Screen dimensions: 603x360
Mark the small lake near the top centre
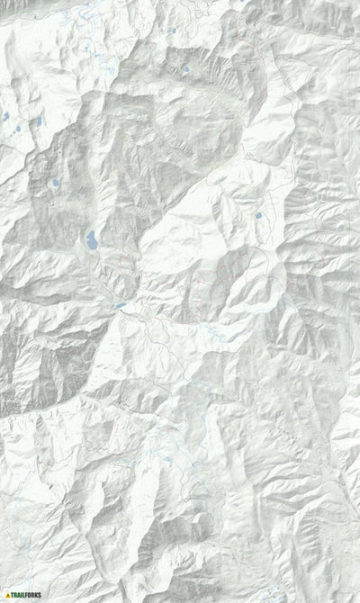(x=186, y=69)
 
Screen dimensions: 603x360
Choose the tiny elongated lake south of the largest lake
(x=120, y=306)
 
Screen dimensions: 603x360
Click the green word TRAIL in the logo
(x=22, y=595)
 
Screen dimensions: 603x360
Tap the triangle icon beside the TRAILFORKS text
(x=7, y=595)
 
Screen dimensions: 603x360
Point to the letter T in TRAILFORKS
(x=13, y=595)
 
